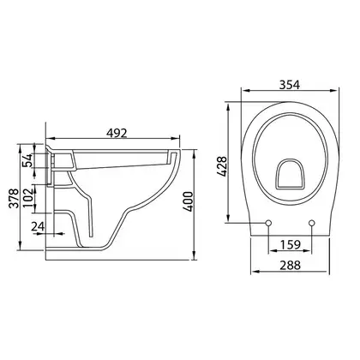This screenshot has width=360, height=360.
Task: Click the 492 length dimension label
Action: click(117, 133)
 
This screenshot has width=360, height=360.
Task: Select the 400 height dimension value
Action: click(189, 201)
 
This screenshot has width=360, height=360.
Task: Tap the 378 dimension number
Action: click(14, 198)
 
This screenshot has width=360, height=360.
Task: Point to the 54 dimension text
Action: click(27, 160)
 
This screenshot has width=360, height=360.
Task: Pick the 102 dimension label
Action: click(27, 198)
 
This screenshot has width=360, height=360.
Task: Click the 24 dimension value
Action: click(38, 226)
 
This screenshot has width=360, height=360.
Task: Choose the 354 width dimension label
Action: click(290, 85)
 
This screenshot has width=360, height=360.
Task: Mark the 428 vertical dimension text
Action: click(221, 166)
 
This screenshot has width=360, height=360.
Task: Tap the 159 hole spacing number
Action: click(291, 245)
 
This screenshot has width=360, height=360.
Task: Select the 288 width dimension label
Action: click(290, 266)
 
